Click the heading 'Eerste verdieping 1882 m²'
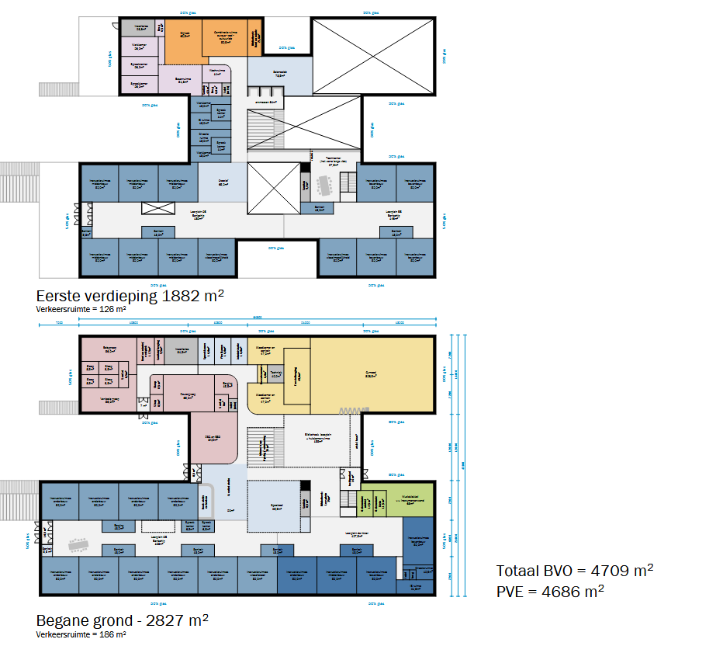coord(130,296)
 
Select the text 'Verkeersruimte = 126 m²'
coord(81,309)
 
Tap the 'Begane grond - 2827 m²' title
coord(123,620)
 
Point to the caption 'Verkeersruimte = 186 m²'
coord(81,634)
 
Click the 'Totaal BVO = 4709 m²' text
coord(574,571)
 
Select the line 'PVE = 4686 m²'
coord(550,591)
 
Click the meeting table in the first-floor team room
coord(324,183)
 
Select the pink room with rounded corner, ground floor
coord(213,436)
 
